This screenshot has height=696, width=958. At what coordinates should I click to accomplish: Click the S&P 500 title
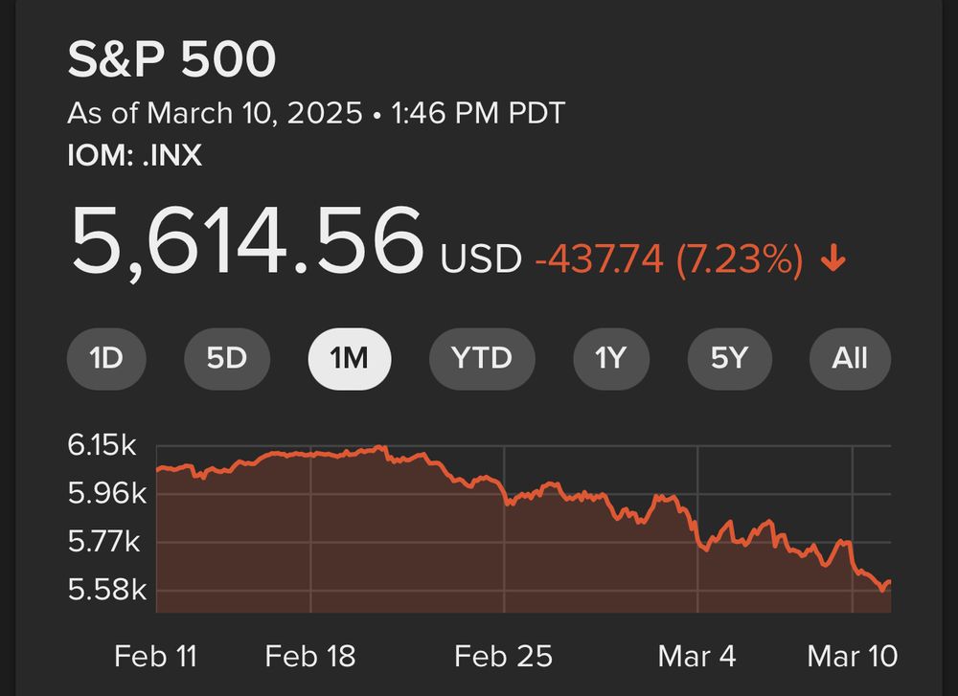coord(171,60)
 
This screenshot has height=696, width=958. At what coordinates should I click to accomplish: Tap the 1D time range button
coord(106,359)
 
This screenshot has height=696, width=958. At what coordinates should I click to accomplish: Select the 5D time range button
coord(227,359)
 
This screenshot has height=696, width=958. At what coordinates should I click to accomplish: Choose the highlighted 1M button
coord(349,359)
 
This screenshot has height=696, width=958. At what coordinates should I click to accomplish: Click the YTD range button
coord(482,359)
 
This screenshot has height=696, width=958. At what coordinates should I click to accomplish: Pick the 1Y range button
coord(610,359)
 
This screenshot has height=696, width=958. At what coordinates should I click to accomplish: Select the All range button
coord(850,359)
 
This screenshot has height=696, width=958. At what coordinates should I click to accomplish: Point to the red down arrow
coord(833,258)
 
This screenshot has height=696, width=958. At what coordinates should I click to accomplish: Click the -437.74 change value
coord(600,258)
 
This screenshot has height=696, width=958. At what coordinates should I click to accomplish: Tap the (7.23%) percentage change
coord(739,258)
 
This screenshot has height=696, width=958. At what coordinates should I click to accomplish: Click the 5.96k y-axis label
coord(105,494)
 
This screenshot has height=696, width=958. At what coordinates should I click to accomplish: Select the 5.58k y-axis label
coord(105,589)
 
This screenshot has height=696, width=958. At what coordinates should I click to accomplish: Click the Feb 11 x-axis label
coord(154,656)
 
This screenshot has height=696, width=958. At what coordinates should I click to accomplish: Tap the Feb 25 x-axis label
coord(503,656)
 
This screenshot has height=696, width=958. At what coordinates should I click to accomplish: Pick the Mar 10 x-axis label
coord(852,656)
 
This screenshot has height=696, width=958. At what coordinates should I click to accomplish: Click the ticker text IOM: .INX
coord(134,155)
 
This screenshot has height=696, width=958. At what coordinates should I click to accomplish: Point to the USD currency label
coord(481,258)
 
